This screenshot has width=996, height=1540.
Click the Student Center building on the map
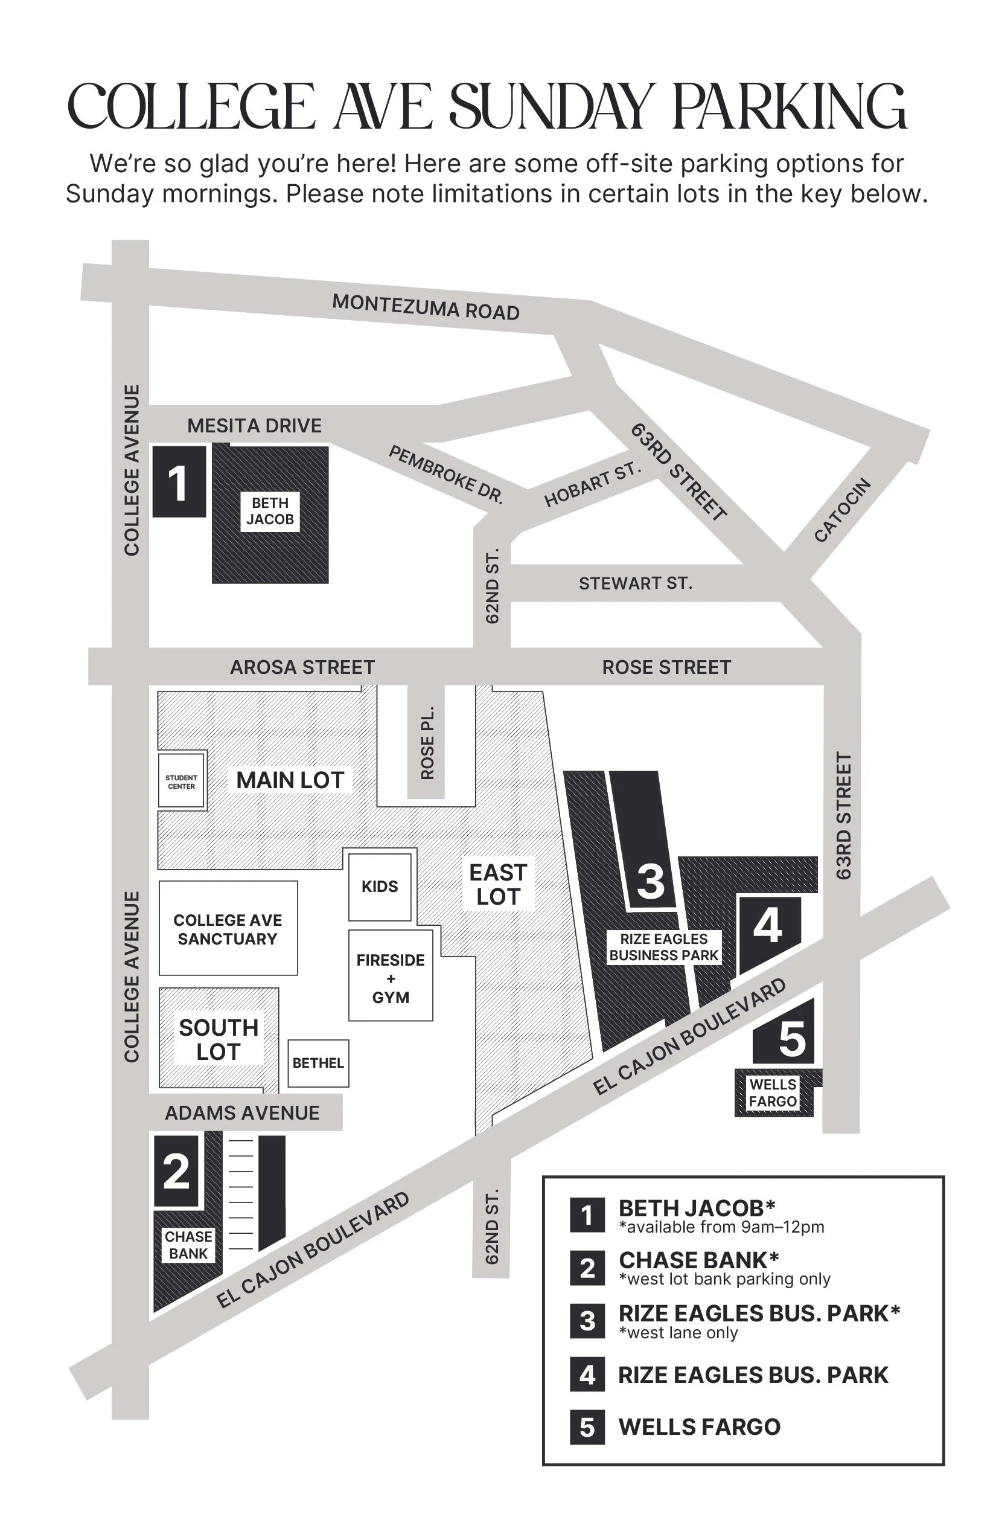[x=181, y=781]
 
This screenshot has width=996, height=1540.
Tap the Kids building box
[x=380, y=887]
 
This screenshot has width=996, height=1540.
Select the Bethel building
[x=318, y=1063]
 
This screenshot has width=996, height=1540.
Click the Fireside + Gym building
[x=391, y=978]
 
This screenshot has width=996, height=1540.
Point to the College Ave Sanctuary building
[x=228, y=929]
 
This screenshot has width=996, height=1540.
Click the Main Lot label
[x=290, y=780]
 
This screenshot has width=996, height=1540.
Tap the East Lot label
[x=498, y=885]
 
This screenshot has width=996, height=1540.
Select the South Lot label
[x=219, y=1039]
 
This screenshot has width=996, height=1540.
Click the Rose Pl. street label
[x=427, y=743]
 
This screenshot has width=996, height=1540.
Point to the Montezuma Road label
[x=426, y=307]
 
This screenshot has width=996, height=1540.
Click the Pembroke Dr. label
[x=445, y=474]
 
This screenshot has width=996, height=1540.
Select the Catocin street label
[x=842, y=510]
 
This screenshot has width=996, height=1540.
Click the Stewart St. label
[x=635, y=583]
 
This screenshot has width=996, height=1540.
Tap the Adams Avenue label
[x=242, y=1113]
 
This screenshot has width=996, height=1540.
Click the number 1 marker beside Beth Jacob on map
[x=179, y=482]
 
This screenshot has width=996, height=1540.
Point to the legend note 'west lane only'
[x=678, y=1333]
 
